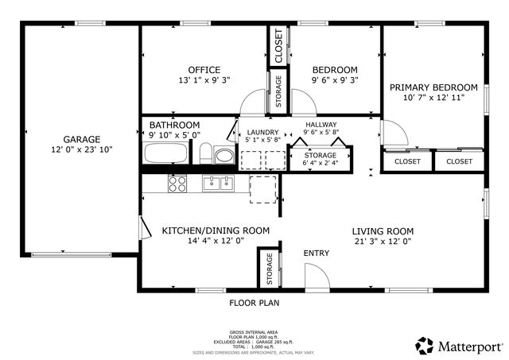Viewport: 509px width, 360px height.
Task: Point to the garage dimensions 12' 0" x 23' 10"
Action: point(83,149)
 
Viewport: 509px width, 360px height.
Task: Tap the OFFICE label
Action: point(204,70)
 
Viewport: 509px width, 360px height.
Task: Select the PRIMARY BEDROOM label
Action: point(433,87)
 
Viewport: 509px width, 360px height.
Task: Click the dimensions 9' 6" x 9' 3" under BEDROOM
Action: point(334,80)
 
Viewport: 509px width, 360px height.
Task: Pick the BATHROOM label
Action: point(174,126)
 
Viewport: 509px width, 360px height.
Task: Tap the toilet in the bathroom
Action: point(205,153)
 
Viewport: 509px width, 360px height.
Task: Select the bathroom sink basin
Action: point(225,156)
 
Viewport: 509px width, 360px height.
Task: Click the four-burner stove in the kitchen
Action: point(177,184)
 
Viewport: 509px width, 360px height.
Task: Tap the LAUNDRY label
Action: point(262,133)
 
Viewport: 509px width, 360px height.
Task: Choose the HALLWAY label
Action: point(321,125)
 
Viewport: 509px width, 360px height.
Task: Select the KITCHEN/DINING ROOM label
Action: point(216,230)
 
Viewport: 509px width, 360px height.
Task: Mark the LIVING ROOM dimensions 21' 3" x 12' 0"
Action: point(383,241)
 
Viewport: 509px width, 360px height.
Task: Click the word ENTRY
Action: point(316,254)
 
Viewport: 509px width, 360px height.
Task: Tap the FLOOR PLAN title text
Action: point(254,303)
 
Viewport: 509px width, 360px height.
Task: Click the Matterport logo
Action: point(459,346)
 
